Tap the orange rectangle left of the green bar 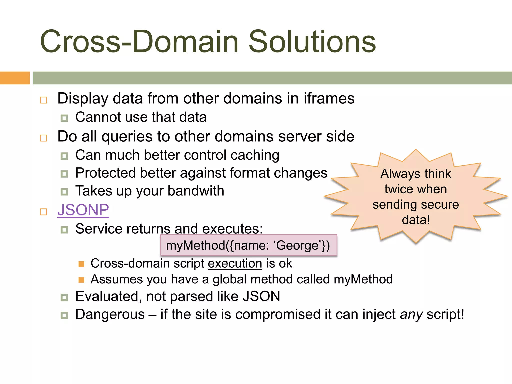(x=15, y=78)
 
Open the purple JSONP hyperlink (x=83, y=210)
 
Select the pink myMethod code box (x=248, y=245)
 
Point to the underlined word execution (x=235, y=263)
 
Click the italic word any (x=411, y=315)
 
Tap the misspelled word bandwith (x=196, y=191)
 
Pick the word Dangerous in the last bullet (x=110, y=314)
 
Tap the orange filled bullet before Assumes (x=81, y=280)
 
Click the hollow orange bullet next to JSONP (x=44, y=212)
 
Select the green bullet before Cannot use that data (x=64, y=118)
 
